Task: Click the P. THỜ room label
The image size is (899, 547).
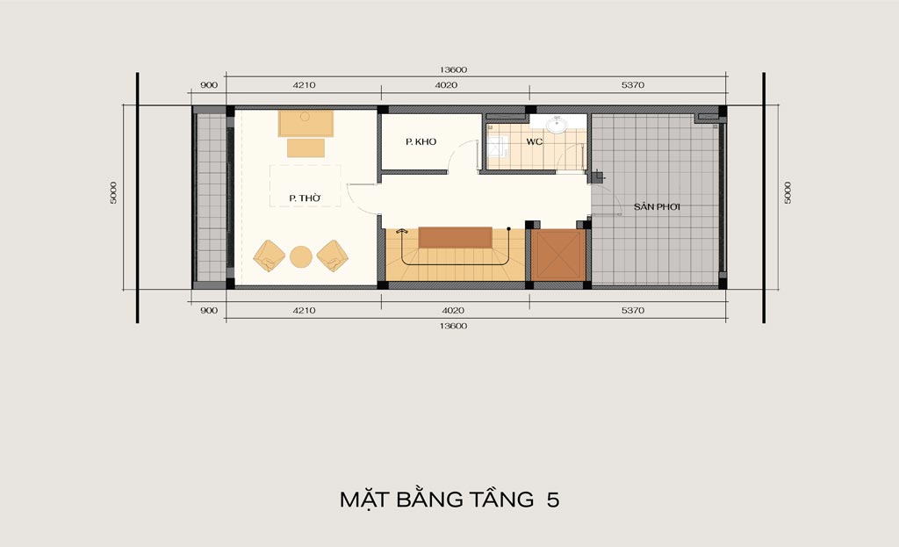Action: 305,198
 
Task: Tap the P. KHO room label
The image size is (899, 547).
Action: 421,141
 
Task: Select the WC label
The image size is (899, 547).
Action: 535,141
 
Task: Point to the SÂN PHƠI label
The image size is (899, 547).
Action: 657,206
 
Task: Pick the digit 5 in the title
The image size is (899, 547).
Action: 553,500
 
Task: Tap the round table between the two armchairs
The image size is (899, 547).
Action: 301,257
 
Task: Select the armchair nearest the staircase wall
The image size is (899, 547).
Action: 333,256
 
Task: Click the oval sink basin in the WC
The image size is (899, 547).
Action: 555,125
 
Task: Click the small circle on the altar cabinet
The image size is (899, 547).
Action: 305,117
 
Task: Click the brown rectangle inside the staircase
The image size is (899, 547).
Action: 456,237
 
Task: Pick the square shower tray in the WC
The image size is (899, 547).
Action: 498,147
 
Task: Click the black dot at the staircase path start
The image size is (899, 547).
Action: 508,229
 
